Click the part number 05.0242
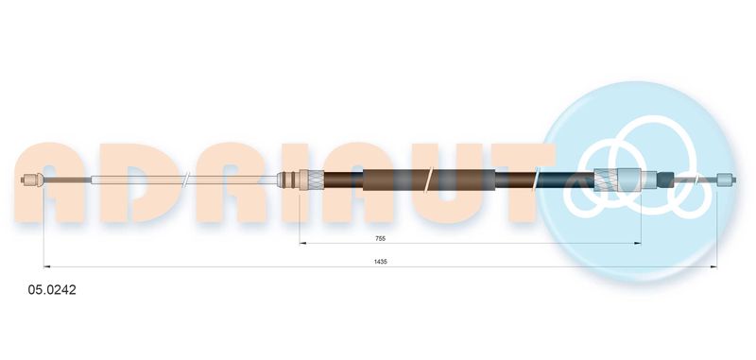click(x=52, y=290)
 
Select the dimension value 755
click(x=381, y=238)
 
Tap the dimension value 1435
click(x=381, y=262)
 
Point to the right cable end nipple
click(x=726, y=180)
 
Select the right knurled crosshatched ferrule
click(x=606, y=180)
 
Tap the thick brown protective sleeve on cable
click(x=429, y=180)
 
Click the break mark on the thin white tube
click(x=185, y=180)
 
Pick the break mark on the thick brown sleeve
click(x=430, y=180)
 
